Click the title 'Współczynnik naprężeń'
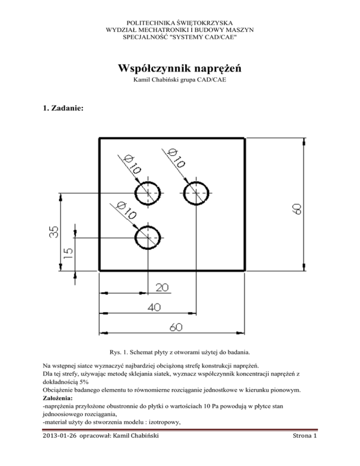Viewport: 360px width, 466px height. point(180,68)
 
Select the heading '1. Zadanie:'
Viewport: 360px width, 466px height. point(63,108)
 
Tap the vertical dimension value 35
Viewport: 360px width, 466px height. point(53,232)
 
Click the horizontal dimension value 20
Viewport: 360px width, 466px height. point(162,287)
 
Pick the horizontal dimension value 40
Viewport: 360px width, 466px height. point(154,307)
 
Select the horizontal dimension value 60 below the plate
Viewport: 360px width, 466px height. point(176,327)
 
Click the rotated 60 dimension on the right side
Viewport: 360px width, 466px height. point(297,209)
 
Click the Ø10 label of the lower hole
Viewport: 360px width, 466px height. point(127,210)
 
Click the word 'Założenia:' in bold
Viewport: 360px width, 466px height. point(58,398)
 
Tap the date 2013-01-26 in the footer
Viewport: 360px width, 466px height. point(60,436)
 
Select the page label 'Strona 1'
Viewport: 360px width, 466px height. point(305,436)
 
